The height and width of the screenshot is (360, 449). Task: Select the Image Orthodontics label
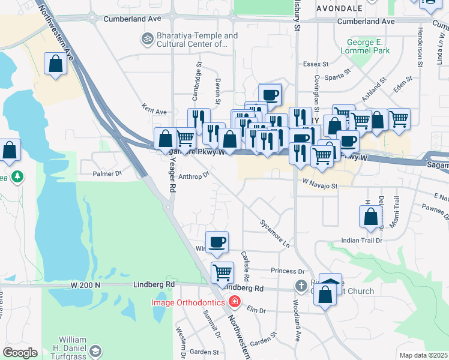point(188,302)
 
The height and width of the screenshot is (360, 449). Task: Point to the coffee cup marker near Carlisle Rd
point(217,242)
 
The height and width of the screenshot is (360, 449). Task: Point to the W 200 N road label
point(85,284)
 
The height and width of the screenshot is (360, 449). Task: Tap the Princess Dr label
point(288,271)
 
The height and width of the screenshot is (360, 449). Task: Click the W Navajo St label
point(321,186)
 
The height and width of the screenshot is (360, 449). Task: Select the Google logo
point(20,352)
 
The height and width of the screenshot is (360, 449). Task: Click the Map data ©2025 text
point(423,355)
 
